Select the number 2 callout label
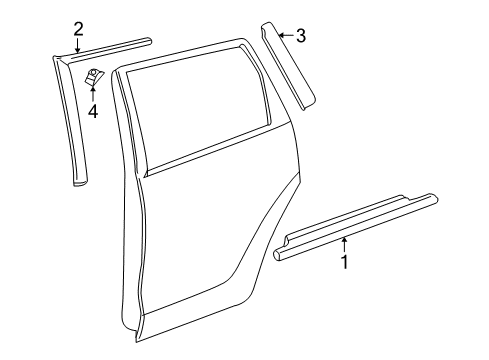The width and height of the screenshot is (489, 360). [78, 29]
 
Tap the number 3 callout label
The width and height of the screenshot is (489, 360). [300, 37]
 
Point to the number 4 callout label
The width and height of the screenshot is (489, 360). [92, 111]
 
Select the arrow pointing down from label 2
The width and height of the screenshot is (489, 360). [78, 44]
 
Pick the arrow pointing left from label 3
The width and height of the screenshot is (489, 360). [284, 36]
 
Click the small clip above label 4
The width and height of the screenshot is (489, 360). [96, 76]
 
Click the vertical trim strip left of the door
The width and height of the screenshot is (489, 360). [70, 120]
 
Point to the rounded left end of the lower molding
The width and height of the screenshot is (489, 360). [278, 255]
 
